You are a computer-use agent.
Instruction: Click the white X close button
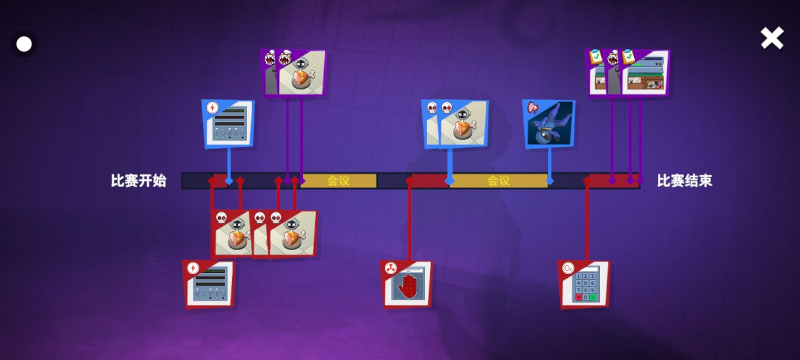771,38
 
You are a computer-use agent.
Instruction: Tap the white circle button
24,44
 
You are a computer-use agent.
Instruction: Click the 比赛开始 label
138,180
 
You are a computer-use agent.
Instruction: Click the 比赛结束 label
684,180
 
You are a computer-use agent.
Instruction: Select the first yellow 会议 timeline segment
338,180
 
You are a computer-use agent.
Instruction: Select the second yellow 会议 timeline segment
498,180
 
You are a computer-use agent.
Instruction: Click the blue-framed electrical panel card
228,123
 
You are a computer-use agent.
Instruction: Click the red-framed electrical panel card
208,284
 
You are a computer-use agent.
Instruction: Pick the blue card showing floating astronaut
549,124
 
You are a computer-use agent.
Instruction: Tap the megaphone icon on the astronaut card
532,107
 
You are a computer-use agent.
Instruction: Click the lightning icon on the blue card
212,107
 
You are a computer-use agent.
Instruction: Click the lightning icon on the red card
193,268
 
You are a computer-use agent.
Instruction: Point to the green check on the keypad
592,297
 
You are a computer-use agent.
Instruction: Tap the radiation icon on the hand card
390,268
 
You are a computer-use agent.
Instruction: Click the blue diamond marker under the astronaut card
549,181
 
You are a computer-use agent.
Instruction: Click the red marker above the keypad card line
587,180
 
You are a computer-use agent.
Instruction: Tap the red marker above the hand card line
409,180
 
